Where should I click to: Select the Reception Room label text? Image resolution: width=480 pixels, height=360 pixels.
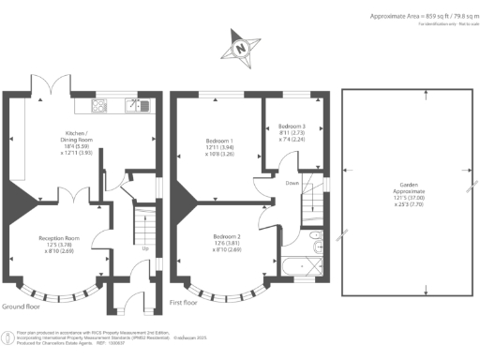coord(57,244)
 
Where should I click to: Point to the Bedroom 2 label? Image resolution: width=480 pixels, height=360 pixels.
coord(227,241)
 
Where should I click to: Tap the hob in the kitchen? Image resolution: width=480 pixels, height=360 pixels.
coord(100,105)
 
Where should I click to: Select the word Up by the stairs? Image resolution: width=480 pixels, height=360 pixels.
coord(145,249)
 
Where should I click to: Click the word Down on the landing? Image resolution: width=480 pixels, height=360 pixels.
coord(293,184)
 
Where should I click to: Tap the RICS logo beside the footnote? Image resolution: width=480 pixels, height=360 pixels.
coord(7,335)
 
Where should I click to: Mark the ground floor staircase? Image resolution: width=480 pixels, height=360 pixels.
coord(145,226)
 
